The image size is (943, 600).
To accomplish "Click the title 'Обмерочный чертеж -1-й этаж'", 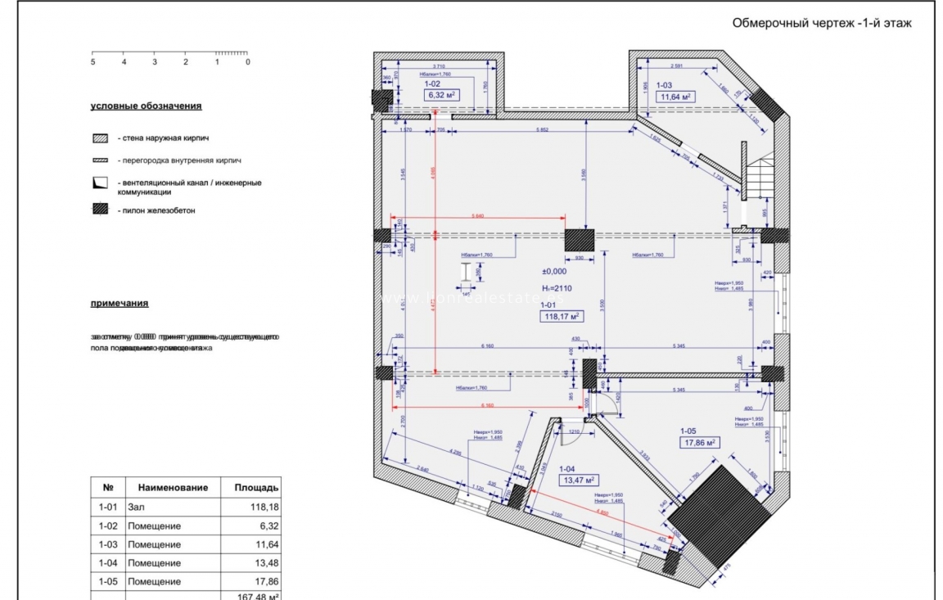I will (822, 24).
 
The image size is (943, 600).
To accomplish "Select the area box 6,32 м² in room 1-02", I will (440, 95).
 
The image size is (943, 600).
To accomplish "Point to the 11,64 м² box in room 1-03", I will (676, 97).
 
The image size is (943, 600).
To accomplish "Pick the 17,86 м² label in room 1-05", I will (700, 443).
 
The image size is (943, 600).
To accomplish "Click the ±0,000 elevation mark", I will (554, 271).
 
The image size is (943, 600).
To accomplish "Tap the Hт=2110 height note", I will (557, 288).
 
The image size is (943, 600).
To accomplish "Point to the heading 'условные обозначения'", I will (146, 106).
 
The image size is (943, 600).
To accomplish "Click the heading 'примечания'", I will (120, 304).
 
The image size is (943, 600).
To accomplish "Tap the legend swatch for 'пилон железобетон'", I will (100, 210).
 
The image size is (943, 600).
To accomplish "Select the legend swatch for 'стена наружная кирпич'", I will (100, 139).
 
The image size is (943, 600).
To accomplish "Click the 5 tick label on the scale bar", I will (92, 62).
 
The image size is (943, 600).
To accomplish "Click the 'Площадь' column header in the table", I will (255, 487).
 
